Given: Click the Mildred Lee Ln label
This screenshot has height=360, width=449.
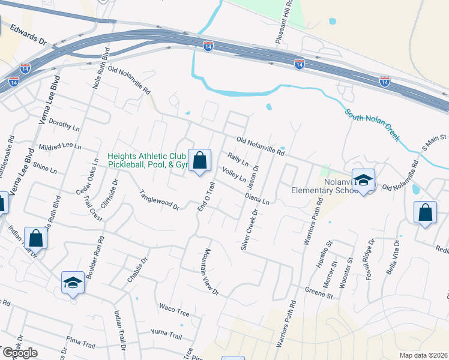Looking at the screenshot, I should pyautogui.click(x=59, y=146).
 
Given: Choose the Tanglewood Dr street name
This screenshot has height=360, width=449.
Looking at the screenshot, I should pyautogui.click(x=160, y=200).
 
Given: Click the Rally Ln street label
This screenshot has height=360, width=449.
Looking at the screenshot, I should pyautogui.click(x=238, y=160).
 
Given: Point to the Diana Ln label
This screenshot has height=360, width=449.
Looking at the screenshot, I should pyautogui.click(x=257, y=199).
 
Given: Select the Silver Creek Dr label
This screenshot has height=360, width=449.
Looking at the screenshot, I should pyautogui.click(x=249, y=230).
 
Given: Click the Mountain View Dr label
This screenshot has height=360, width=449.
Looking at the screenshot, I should pyautogui.click(x=208, y=271).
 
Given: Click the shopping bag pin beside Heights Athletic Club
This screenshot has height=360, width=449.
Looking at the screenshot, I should pyautogui.click(x=200, y=161).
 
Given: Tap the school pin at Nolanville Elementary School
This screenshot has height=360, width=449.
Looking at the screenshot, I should pyautogui.click(x=363, y=180).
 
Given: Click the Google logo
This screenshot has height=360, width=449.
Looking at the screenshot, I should pyautogui.click(x=19, y=353).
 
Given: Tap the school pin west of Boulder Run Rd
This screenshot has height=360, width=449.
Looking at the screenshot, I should pyautogui.click(x=73, y=282).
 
